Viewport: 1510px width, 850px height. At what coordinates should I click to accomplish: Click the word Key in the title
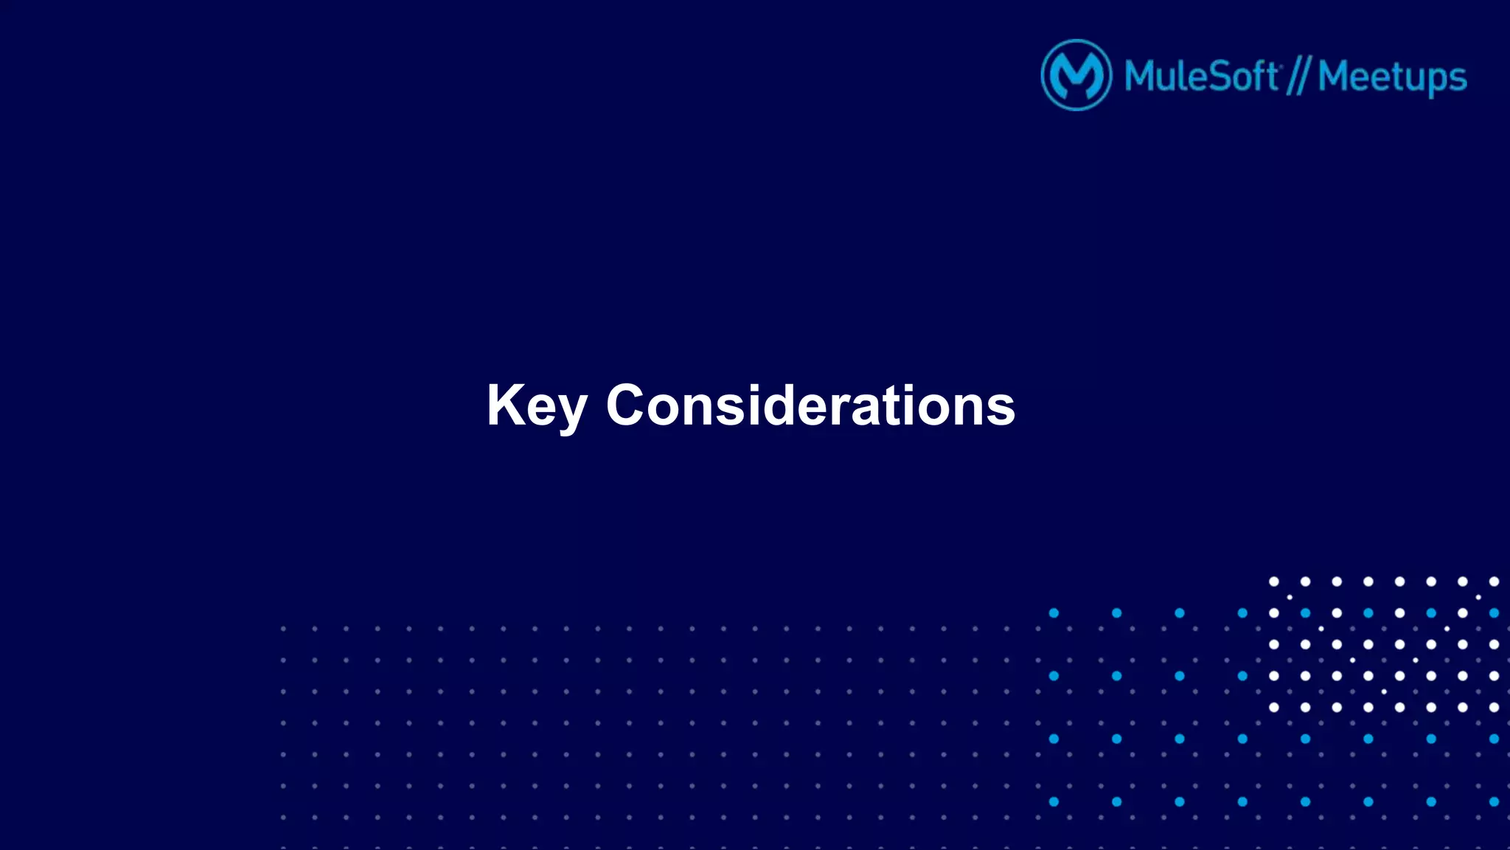(x=536, y=405)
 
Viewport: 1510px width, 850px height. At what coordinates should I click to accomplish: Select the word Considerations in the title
(x=810, y=405)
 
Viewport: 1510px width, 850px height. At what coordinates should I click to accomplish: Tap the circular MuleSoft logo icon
(x=1076, y=75)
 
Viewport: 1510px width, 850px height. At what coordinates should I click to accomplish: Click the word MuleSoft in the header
(x=1201, y=76)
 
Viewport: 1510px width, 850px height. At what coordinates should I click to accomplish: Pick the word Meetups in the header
(x=1392, y=77)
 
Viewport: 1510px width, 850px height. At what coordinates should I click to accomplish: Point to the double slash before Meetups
(x=1298, y=77)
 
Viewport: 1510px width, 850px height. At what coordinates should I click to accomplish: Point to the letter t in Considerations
(x=887, y=407)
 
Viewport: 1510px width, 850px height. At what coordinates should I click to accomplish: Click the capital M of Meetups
(x=1335, y=76)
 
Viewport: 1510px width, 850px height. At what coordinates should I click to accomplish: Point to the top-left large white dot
(x=1273, y=582)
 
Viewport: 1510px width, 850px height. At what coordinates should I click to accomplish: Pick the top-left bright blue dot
(x=1054, y=613)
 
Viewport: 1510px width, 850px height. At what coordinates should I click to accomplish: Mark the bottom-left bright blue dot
(x=1054, y=801)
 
